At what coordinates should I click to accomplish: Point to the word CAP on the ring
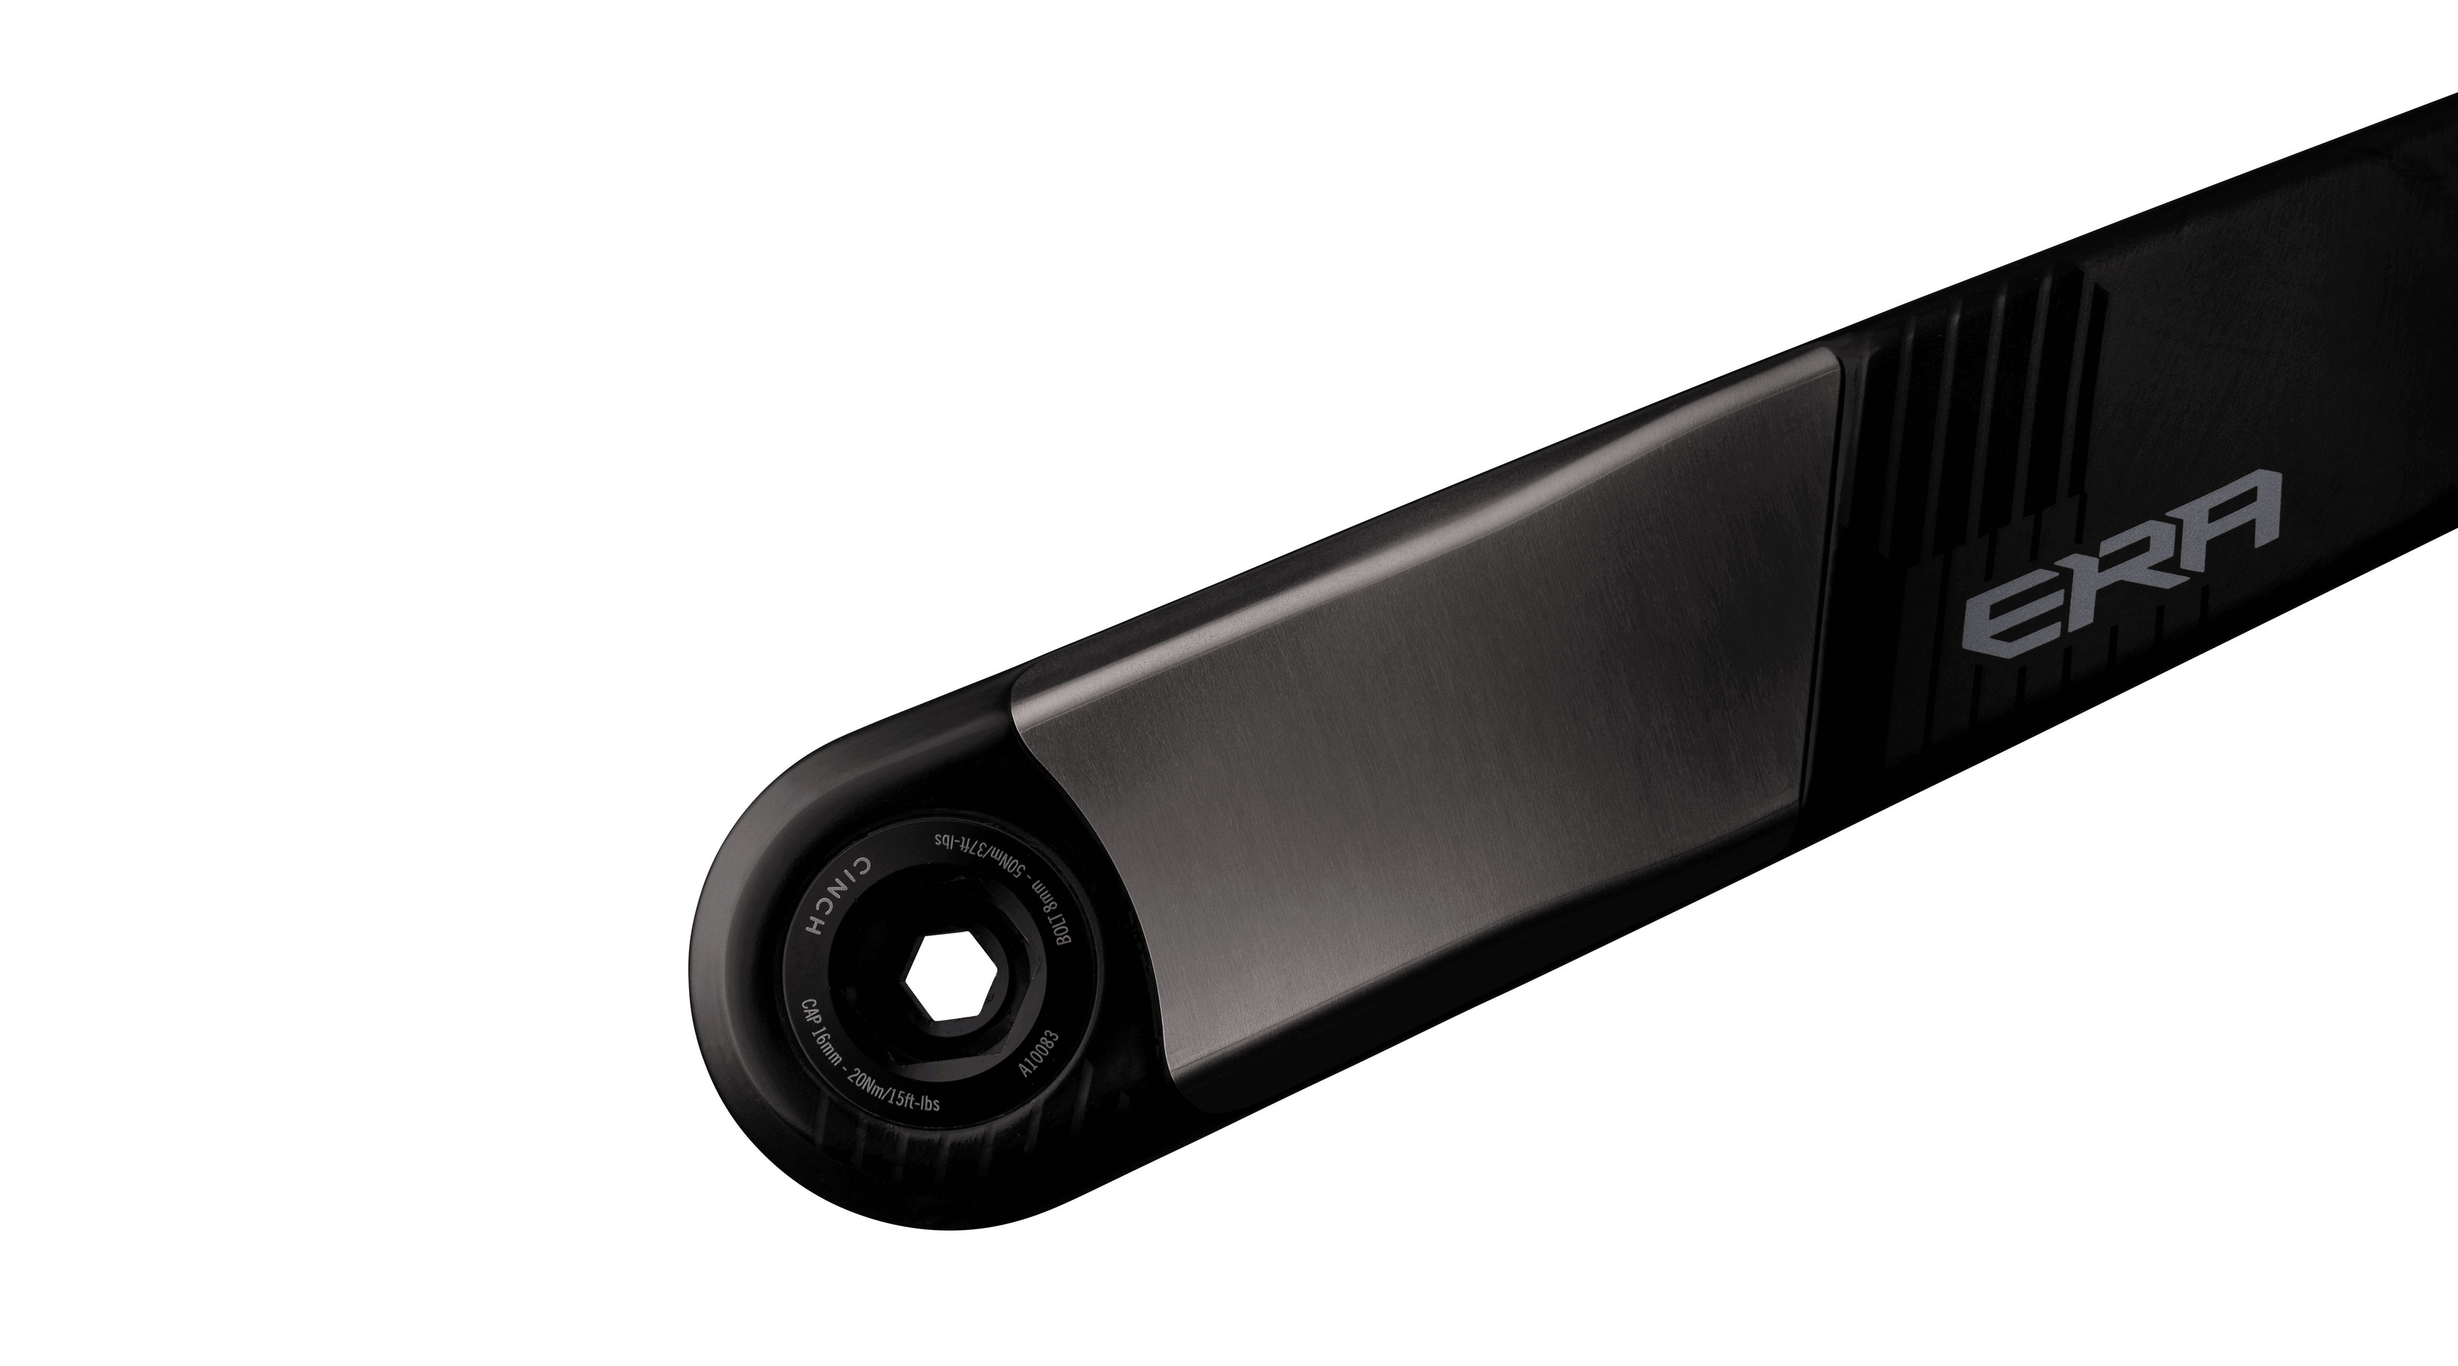click(809, 1015)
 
